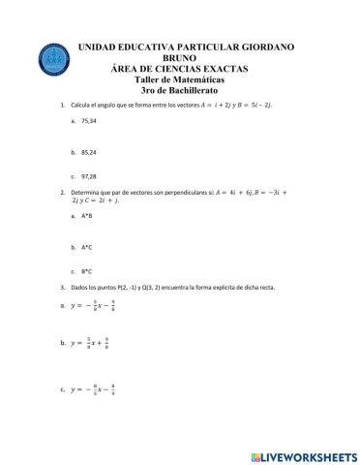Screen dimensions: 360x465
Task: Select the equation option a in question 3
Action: [x=96, y=305]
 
